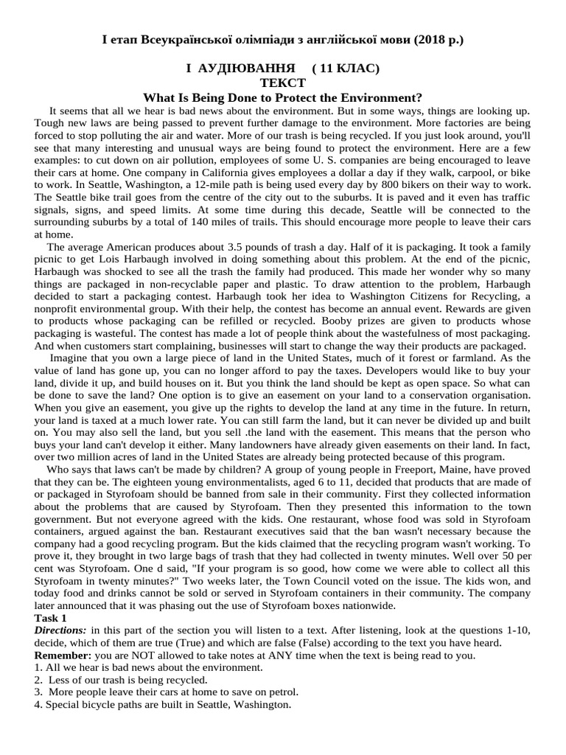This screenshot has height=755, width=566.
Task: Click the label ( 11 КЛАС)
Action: pyautogui.click(x=346, y=69)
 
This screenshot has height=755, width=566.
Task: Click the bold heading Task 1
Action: pyautogui.click(x=51, y=617)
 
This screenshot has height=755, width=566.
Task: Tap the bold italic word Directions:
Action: pyautogui.click(x=60, y=630)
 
